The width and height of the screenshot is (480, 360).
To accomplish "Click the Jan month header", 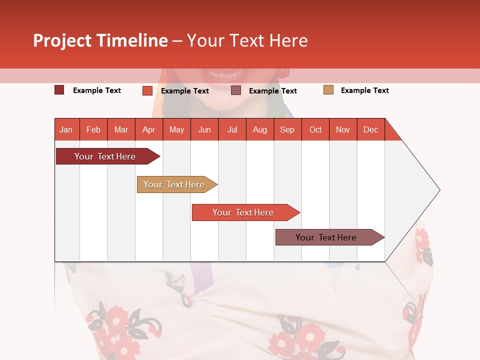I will tap(66, 129).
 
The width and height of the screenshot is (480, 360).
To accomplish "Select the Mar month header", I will tap(121, 129).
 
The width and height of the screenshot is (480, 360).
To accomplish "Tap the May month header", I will tap(176, 129).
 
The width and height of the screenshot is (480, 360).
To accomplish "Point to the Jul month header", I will tap(232, 129).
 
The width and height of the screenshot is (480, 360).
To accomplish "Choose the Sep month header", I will tap(287, 129).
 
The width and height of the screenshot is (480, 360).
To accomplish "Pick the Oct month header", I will tap(315, 129).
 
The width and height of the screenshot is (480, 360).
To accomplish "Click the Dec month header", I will tap(370, 129).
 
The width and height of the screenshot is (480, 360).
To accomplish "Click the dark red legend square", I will tap(59, 90).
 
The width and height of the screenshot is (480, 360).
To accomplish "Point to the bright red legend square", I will tap(147, 90).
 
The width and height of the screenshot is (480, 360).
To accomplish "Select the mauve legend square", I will tap(236, 90).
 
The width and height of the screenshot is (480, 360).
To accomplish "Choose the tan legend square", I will tap(328, 90).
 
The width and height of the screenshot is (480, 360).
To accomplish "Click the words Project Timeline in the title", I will tap(100, 40).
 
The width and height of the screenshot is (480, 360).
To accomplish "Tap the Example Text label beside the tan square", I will tap(364, 90).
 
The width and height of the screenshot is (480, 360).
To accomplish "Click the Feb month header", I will tap(93, 129).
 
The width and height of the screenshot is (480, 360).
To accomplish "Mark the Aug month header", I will tap(259, 129).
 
